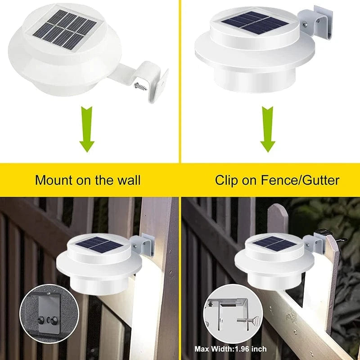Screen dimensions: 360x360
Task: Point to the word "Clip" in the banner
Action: (226, 180)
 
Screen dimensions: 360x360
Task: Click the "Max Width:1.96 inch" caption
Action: (230, 349)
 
